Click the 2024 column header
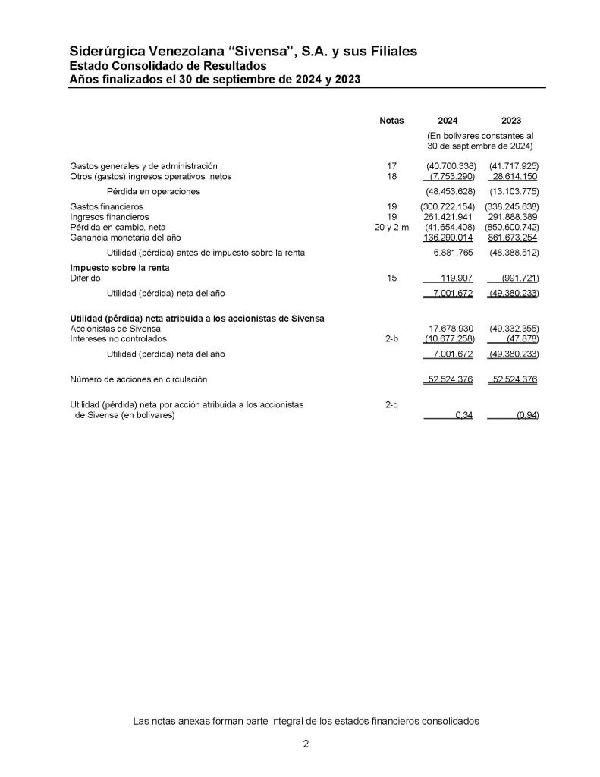coord(448,121)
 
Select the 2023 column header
coord(511,121)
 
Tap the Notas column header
coord(391,121)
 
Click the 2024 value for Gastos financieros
coord(448,206)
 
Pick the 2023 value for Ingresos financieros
coord(512,217)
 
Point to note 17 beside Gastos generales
coord(391,165)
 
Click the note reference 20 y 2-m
coord(391,227)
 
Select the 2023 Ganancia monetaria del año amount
coord(512,238)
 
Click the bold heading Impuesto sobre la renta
coord(119,268)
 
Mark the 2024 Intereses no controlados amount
coord(449,339)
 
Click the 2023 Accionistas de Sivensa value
coord(512,329)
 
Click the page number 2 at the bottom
coord(306,744)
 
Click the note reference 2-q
coord(391,405)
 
